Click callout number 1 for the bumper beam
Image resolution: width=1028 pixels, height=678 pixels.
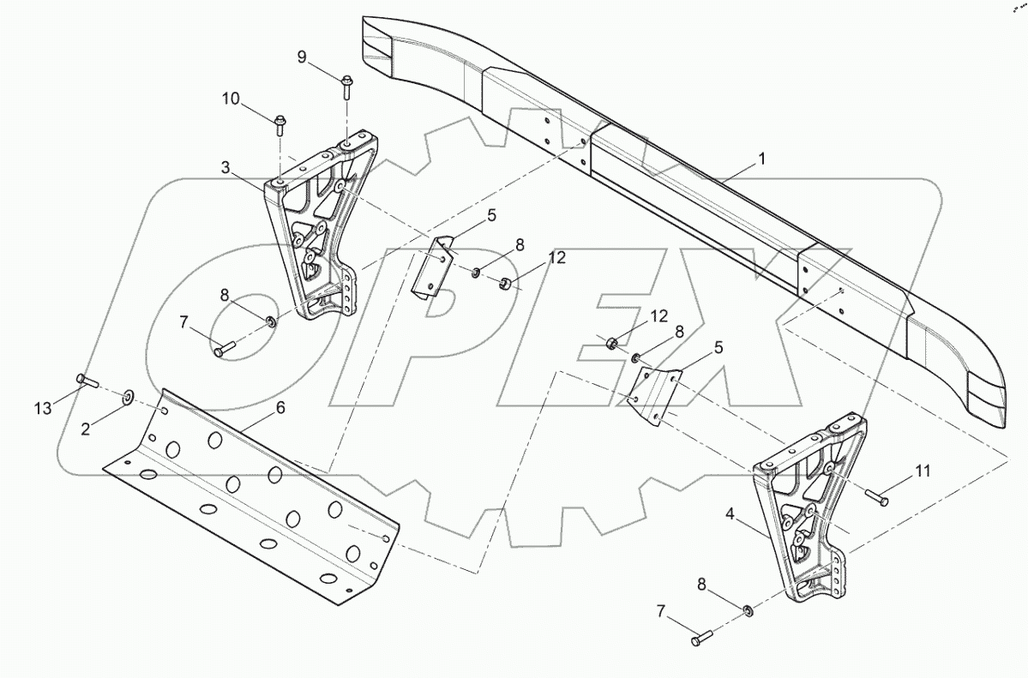761,159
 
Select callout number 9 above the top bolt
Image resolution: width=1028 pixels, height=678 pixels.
302,57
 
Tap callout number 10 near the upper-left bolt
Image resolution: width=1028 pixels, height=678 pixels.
231,99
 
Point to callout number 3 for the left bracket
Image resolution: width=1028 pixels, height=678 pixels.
225,168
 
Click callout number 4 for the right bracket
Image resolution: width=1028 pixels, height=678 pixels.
730,514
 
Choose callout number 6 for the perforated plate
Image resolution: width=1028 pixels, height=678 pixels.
280,407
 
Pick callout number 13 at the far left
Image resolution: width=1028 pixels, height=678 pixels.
43,409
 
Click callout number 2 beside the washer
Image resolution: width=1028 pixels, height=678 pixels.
86,429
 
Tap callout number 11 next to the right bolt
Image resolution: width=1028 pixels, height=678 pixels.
923,470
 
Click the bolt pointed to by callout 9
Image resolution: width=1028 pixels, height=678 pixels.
345,87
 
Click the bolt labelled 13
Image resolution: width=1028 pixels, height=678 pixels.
87,380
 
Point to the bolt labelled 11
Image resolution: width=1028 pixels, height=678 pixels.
877,498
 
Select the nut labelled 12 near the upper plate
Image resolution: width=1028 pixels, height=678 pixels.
506,284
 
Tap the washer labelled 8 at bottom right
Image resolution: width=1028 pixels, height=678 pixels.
748,611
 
